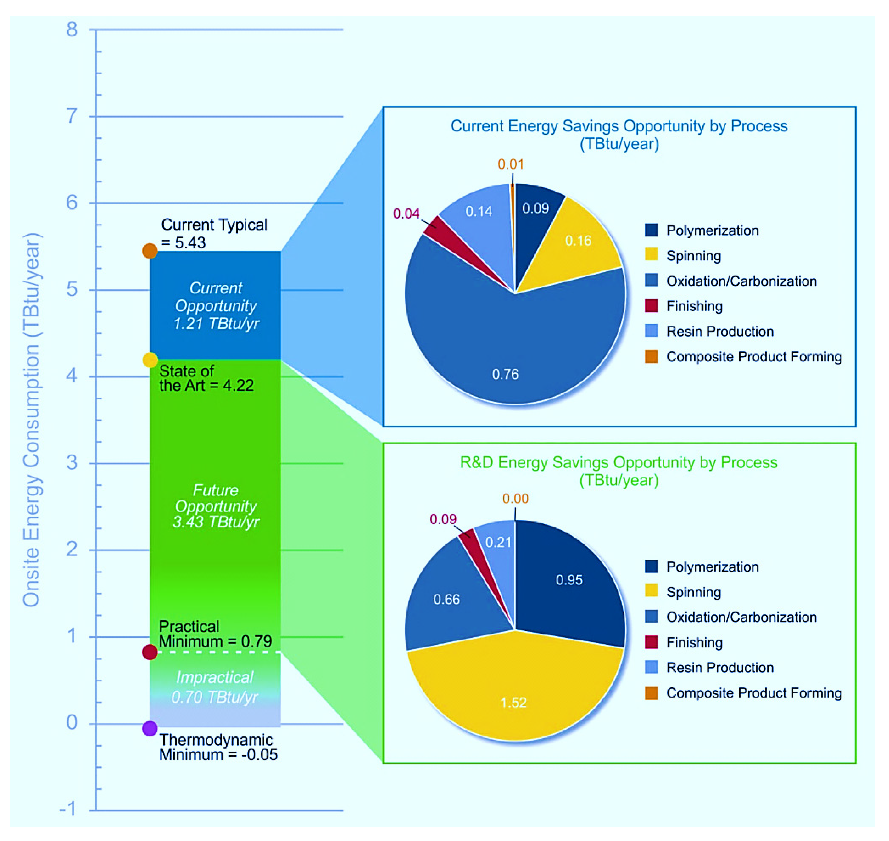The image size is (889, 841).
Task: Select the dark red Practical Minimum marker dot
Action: pos(150,652)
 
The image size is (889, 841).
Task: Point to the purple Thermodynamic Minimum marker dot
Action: pos(150,728)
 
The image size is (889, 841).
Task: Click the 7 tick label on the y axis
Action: pos(72,117)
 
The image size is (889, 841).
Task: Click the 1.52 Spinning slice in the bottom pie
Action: pos(514,690)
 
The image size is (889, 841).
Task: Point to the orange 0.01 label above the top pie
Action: pos(511,164)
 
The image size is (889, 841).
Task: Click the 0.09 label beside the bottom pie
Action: pos(443,519)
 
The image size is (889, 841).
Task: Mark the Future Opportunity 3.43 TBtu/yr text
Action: pos(216,506)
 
